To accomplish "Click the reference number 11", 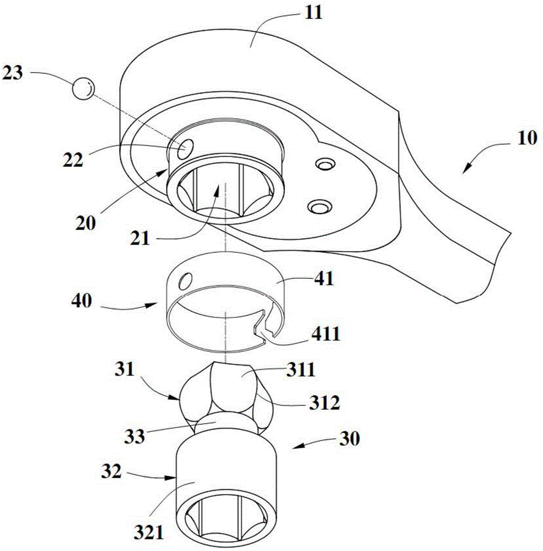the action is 314,13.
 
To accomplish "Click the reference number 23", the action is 13,73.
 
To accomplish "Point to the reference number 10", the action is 527,138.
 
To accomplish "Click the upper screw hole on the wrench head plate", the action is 325,164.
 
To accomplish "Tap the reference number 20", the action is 85,223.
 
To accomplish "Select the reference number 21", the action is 140,239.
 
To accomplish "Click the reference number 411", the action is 326,333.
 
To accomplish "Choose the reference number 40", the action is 82,301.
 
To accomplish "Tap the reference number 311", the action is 300,370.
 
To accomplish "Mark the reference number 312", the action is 324,403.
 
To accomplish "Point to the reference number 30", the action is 350,439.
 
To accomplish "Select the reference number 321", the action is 149,533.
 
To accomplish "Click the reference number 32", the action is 111,471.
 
